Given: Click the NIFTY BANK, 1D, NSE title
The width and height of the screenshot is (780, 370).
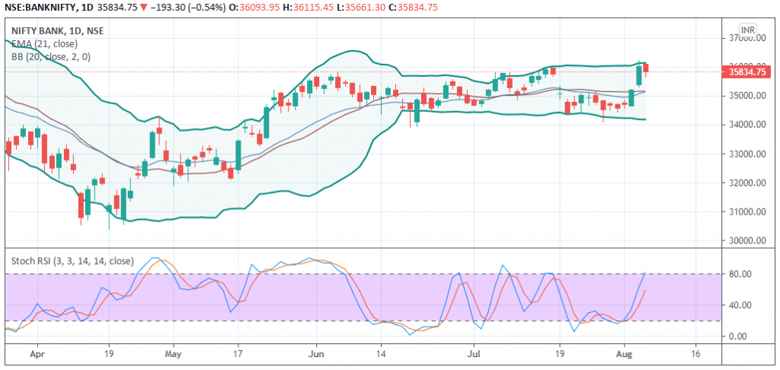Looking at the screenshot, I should coord(58,30).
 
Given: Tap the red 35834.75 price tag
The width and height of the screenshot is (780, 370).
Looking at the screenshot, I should coord(746,72).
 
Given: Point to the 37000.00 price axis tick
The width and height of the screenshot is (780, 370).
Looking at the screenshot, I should coord(746,37).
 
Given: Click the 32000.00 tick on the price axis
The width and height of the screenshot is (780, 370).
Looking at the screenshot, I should coord(746,183).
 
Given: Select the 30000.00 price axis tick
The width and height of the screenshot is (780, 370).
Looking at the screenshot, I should coord(746,241).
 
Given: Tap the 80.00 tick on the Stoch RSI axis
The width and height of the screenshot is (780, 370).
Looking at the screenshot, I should coord(741,274).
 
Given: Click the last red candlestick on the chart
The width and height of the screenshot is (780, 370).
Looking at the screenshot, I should coord(646,69).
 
